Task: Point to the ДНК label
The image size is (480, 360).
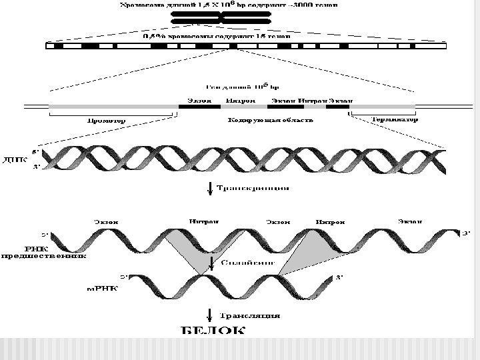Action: (x=15, y=160)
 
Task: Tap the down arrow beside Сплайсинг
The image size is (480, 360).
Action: (x=211, y=262)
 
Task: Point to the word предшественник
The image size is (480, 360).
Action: (x=43, y=255)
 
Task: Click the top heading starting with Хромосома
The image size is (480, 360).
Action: (x=228, y=5)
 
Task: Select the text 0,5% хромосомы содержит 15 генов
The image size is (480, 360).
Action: (x=217, y=37)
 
